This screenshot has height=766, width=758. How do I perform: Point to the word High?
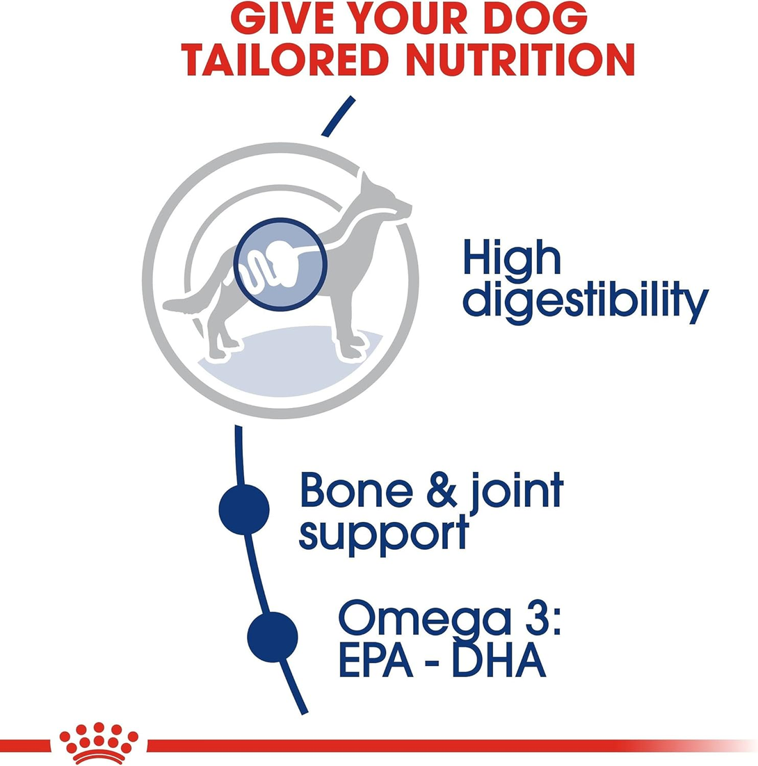pos(512,256)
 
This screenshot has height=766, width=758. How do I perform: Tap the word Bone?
pos(356,489)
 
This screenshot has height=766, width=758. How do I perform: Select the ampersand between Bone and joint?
pos(442,489)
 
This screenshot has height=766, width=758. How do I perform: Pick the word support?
pos(384,535)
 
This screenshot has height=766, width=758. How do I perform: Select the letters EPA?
pos(376,660)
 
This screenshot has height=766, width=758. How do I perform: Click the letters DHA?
pos(499,660)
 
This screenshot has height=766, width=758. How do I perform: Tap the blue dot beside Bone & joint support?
pos(244,510)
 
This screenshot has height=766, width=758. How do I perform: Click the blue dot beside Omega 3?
pos(272,637)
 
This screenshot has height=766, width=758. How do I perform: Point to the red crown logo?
pos(99,742)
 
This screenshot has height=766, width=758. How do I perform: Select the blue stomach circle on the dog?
pos(280,264)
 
